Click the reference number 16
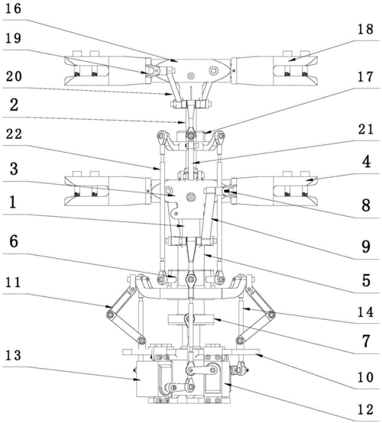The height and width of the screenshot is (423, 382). pyautogui.click(x=14, y=8)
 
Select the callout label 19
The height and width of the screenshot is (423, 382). pyautogui.click(x=14, y=38)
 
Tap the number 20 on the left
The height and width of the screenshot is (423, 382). pyautogui.click(x=14, y=76)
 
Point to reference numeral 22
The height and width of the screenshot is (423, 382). pyautogui.click(x=14, y=134)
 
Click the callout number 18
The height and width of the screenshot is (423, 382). pyautogui.click(x=365, y=30)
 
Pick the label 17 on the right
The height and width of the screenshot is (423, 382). pyautogui.click(x=365, y=77)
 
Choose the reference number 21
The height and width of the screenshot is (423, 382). pyautogui.click(x=365, y=129)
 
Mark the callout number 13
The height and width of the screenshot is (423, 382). pyautogui.click(x=14, y=355)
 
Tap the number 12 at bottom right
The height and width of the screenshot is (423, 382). pyautogui.click(x=365, y=409)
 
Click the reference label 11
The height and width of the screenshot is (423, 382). pyautogui.click(x=13, y=283)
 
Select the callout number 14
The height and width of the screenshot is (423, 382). pyautogui.click(x=365, y=312)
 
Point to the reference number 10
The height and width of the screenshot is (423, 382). pyautogui.click(x=365, y=377)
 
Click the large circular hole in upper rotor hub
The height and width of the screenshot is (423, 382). pyautogui.click(x=214, y=71)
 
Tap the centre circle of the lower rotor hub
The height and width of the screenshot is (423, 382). pyautogui.click(x=191, y=197)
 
